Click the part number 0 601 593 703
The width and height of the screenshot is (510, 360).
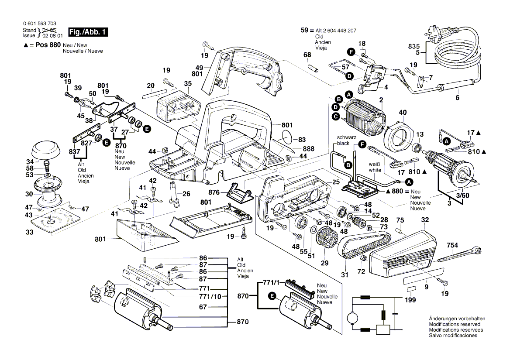click(x=39, y=24)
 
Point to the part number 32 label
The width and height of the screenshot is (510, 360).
click(x=425, y=220)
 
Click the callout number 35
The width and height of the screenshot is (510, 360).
click(x=188, y=84)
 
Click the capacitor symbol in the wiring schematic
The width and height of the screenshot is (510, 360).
click(x=395, y=313)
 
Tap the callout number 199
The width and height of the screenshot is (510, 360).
click(x=410, y=300)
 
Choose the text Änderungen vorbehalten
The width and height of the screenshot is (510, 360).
click(x=455, y=319)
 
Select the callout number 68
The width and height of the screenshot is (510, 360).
click(x=307, y=55)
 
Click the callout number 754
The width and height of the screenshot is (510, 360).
click(x=452, y=246)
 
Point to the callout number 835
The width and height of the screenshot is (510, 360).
click(x=414, y=46)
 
